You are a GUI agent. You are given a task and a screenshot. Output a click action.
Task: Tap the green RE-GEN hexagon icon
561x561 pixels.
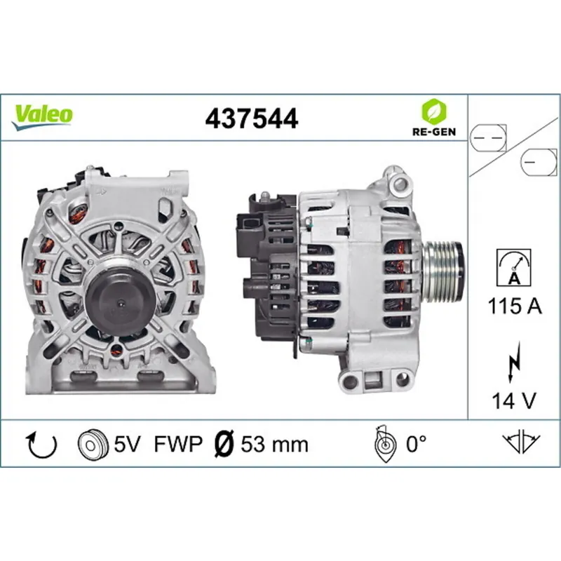click(432, 111)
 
